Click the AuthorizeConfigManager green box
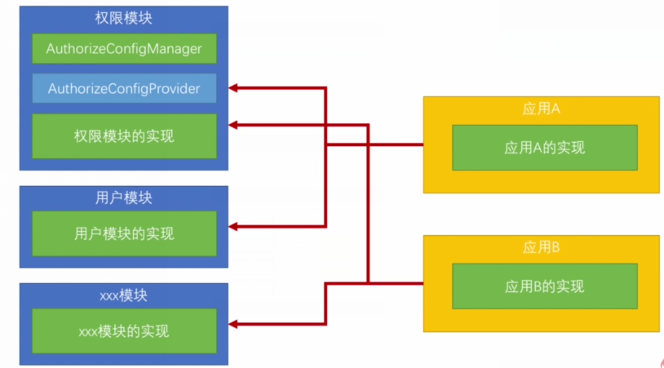click(x=124, y=48)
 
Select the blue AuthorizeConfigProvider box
click(x=124, y=88)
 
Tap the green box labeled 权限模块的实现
click(x=124, y=135)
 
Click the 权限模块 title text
click(x=124, y=18)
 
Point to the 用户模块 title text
click(x=124, y=198)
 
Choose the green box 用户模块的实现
click(x=124, y=233)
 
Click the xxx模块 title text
click(x=124, y=295)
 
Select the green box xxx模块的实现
click(x=124, y=330)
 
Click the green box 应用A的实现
click(x=544, y=148)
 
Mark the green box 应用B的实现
click(x=544, y=286)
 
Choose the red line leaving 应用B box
click(x=400, y=283)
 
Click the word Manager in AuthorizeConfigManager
click(x=174, y=48)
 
